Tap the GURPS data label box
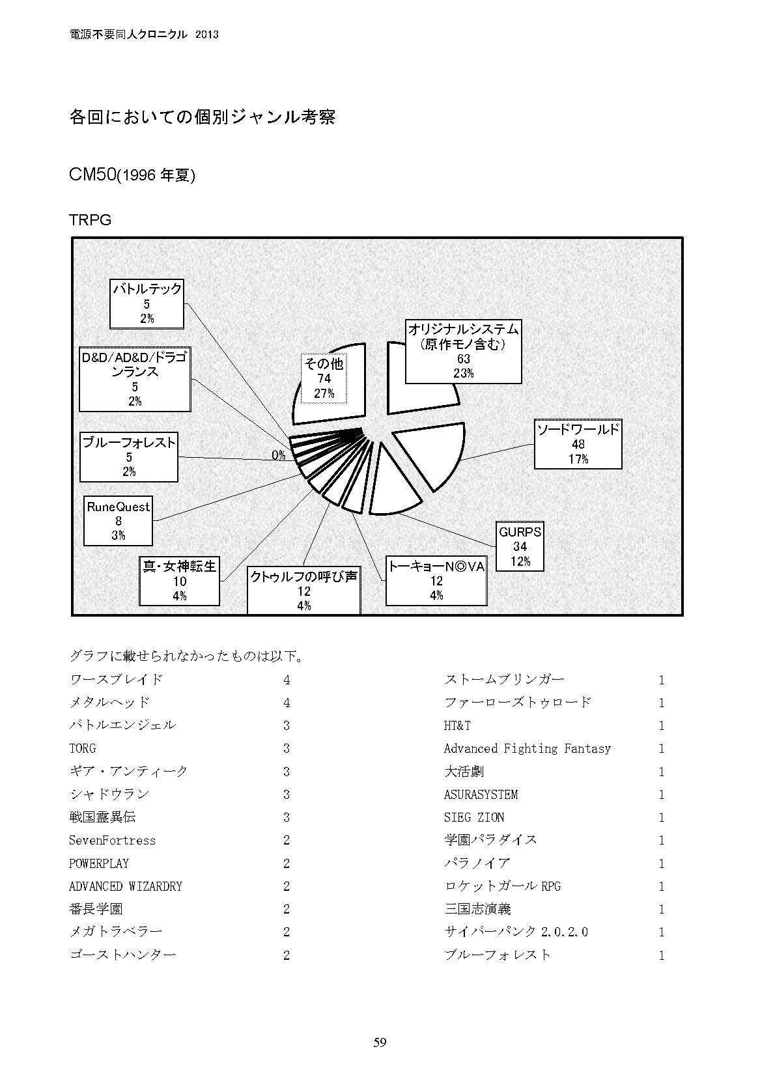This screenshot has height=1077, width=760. point(520,546)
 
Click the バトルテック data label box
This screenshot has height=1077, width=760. point(147,303)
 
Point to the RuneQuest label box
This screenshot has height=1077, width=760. point(118,521)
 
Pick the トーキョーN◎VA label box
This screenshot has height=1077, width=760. point(436,581)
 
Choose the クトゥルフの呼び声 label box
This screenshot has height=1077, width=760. point(303,591)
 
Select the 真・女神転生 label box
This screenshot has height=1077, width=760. point(180,581)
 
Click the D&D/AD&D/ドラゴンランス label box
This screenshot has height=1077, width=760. point(135,379)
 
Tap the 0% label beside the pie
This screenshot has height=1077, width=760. point(279,456)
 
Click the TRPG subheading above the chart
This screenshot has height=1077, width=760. point(91,220)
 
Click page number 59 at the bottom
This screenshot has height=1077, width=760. point(380,1042)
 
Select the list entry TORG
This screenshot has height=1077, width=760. point(83,749)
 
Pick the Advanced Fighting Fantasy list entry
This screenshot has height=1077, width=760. point(527,749)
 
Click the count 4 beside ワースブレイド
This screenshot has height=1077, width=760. point(287,680)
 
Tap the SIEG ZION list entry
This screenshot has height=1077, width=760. point(474,818)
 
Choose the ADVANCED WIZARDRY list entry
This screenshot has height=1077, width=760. point(126,886)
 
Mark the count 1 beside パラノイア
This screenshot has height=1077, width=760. point(661,863)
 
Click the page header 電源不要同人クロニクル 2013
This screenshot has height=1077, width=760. point(143,35)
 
